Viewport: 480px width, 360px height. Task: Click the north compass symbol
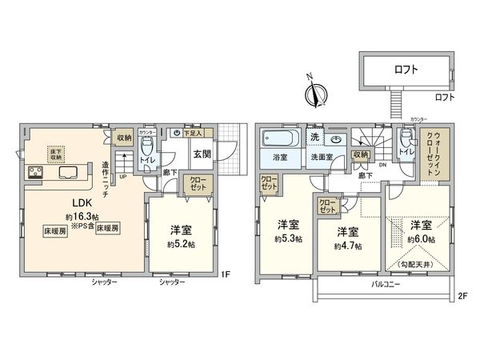(x=318, y=94)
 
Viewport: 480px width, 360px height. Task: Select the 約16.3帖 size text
(x=83, y=216)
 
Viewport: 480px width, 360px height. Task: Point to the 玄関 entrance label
(x=201, y=154)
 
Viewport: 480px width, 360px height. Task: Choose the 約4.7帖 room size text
(x=347, y=244)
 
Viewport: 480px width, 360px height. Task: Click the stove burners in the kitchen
(x=34, y=170)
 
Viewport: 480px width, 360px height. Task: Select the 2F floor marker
(x=462, y=294)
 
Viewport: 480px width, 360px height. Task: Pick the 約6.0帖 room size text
(x=421, y=238)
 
